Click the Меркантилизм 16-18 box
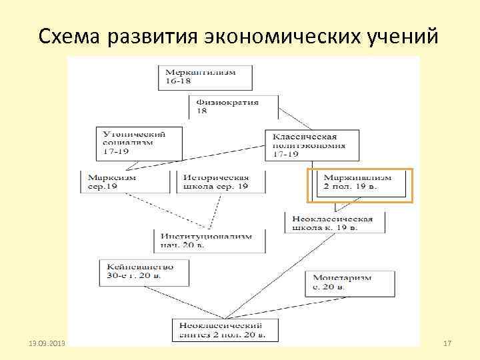click(205, 77)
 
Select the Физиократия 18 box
click(233, 107)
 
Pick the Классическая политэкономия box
click(311, 145)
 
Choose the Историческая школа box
click(221, 182)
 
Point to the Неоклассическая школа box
click(334, 223)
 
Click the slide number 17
click(447, 343)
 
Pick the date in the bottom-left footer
click(45, 343)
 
